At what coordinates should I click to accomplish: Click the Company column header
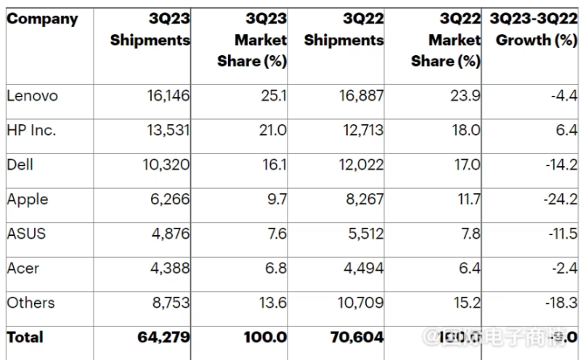pyautogui.click(x=42, y=20)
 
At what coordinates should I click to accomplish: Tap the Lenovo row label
pyautogui.click(x=32, y=96)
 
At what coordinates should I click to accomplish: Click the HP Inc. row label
pyautogui.click(x=31, y=131)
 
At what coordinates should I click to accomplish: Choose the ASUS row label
pyautogui.click(x=26, y=234)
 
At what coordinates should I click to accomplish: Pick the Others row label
pyautogui.click(x=31, y=303)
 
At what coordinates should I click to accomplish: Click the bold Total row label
pyautogui.click(x=25, y=337)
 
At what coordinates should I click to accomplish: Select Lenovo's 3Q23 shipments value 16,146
pyautogui.click(x=163, y=96)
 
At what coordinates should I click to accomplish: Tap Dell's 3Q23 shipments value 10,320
pyautogui.click(x=163, y=165)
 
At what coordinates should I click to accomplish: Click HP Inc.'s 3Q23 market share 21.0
pyautogui.click(x=273, y=131)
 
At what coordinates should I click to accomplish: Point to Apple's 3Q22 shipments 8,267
pyautogui.click(x=362, y=200)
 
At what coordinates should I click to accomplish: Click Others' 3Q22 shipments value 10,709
pyautogui.click(x=357, y=303)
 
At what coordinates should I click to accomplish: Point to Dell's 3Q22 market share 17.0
pyautogui.click(x=466, y=165)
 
